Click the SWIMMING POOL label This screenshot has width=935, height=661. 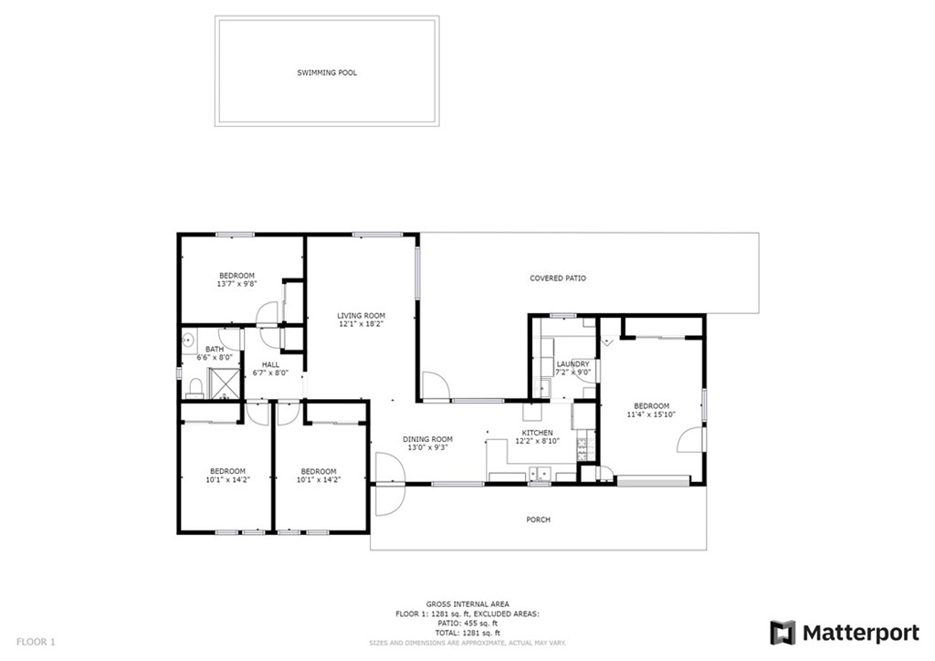[326, 72]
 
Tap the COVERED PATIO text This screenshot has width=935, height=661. [558, 278]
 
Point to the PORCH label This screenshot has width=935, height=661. [538, 519]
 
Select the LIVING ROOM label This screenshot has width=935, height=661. [361, 316]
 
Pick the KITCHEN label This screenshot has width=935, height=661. [537, 432]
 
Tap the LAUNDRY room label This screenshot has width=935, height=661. [573, 363]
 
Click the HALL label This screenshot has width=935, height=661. [270, 363]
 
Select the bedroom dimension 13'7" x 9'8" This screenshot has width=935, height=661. [236, 284]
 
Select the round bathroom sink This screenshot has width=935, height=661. [189, 341]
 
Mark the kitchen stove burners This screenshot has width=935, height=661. [583, 446]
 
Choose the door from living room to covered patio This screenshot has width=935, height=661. [435, 387]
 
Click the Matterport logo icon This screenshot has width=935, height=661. [783, 633]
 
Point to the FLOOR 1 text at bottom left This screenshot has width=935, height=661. [36, 642]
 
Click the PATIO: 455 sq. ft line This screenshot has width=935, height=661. [467, 623]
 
